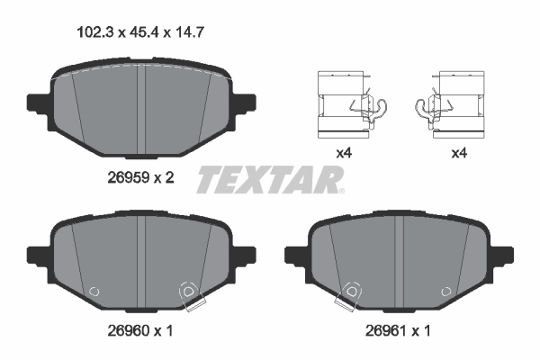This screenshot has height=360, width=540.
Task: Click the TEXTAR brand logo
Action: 269,180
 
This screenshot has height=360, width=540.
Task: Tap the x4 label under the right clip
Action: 458,154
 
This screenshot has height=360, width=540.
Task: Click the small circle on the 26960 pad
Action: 94,291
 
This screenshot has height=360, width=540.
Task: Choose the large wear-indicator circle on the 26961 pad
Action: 349,292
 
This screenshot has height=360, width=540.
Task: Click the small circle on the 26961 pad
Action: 445,291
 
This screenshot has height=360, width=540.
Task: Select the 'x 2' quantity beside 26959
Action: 162,178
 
